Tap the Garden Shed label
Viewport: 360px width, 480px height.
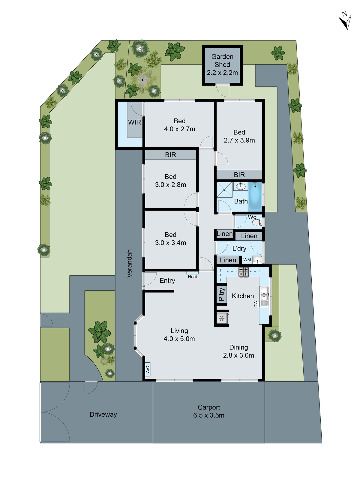coord(222,64)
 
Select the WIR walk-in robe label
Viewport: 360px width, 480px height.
coord(134,122)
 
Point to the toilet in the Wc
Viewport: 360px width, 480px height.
coord(256,222)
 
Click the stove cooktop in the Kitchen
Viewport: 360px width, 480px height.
coord(243,272)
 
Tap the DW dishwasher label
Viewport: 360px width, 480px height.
coord(256,304)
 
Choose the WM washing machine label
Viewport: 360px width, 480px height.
coord(247,260)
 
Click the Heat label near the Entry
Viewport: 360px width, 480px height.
coord(192,276)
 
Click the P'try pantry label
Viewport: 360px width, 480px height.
coord(221,295)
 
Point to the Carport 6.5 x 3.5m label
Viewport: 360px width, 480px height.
coord(209,411)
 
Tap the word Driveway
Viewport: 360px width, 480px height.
coord(103,414)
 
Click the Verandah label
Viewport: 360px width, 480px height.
coord(129,263)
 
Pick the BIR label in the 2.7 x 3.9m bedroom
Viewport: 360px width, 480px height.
coord(239,175)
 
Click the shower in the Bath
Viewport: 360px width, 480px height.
coord(225,190)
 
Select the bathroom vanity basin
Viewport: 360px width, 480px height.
coord(241,187)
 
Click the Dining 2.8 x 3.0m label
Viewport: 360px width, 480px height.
coord(238,351)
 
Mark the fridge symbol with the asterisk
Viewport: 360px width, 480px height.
coord(222,318)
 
